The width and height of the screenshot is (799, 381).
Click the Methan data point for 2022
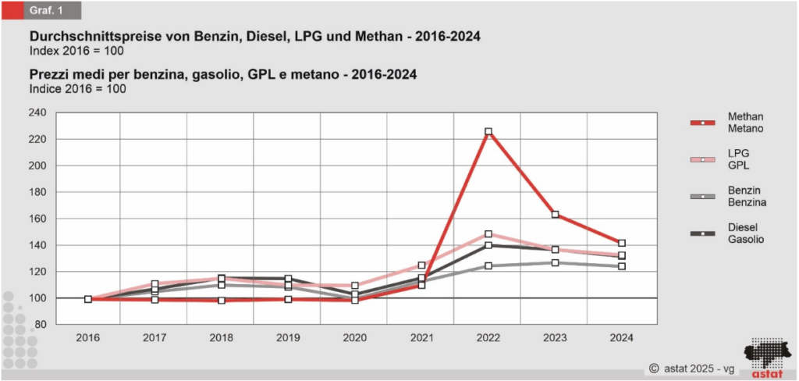point(488,132)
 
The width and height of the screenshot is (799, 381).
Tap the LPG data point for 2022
point(488,234)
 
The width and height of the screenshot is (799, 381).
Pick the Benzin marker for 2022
point(488,266)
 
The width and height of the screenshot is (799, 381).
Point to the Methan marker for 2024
point(622,244)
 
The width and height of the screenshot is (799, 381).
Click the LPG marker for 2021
point(422,266)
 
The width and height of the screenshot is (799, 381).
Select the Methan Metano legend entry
point(726,123)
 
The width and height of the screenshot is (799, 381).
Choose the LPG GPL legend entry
point(726,159)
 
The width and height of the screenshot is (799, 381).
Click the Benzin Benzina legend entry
point(726,196)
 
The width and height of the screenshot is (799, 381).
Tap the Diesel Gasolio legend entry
point(726,233)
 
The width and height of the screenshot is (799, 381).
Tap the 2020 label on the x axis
point(355,338)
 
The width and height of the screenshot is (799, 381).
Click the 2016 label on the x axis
point(88,338)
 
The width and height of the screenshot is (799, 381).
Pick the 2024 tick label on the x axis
point(622,338)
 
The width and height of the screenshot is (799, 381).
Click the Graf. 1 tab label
point(46,10)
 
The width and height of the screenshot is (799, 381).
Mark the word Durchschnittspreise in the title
point(87,37)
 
